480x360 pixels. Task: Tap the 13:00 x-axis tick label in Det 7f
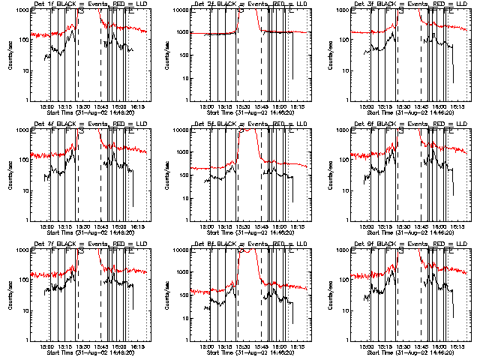click(46, 346)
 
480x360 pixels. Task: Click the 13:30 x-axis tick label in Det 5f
click(243, 226)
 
